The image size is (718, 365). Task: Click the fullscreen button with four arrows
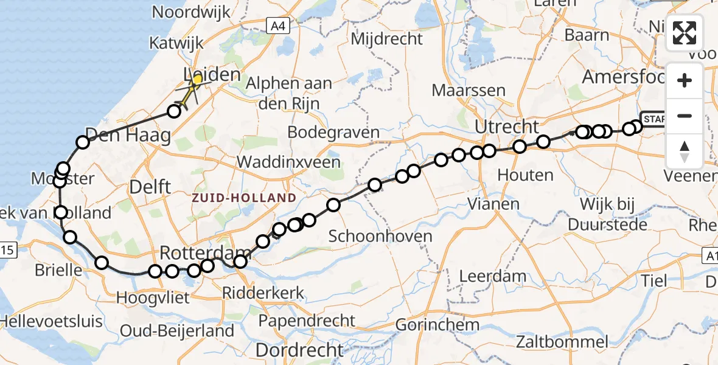tap(685, 33)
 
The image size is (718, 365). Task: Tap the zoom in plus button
tap(685, 80)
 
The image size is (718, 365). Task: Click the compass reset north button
tap(685, 151)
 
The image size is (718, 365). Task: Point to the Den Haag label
tap(128, 135)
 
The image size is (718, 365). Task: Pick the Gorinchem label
tap(437, 325)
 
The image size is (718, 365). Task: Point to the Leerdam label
tap(493, 276)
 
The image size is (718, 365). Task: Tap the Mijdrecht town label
tap(387, 39)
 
